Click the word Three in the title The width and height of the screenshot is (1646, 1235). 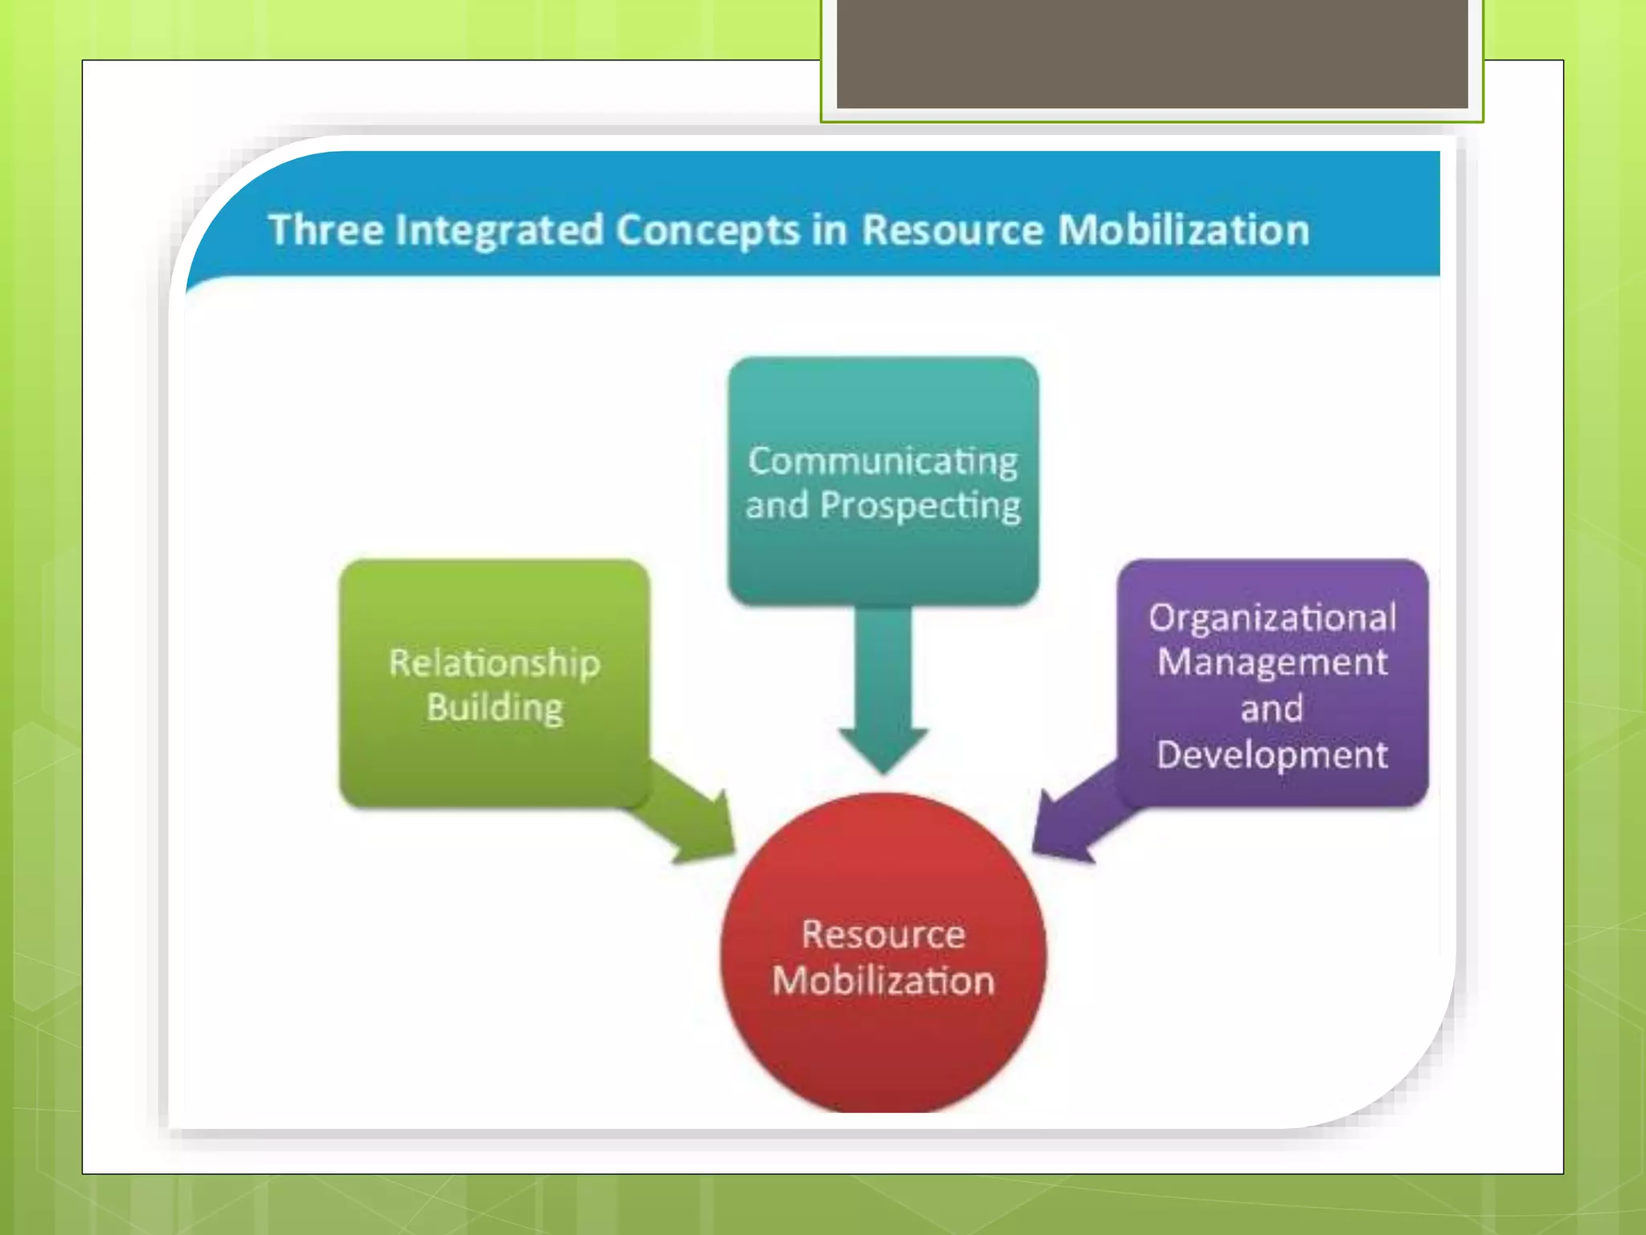pos(326,230)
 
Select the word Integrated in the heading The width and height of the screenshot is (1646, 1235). pos(499,231)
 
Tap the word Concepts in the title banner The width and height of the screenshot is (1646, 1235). pos(708,231)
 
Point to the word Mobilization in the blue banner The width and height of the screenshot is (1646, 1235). pos(1183,230)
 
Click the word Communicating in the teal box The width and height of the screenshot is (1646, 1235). pos(882,462)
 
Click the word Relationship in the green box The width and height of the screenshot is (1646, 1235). pos(494,663)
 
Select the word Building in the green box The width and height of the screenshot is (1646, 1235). pos(494,708)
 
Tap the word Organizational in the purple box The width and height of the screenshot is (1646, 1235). pos(1272,618)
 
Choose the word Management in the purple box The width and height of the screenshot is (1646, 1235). pos(1272,663)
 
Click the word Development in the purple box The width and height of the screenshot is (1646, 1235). pos(1272,754)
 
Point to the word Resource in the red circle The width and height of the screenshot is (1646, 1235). pos(883,934)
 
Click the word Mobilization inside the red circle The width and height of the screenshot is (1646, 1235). pos(883,981)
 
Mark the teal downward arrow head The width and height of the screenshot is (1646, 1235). pos(883,748)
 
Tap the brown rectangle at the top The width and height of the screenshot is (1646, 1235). pos(1152,53)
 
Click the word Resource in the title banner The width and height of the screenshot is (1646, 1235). pos(952,230)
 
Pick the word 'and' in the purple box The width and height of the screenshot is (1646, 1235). pos(1271,709)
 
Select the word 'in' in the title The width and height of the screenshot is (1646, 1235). pos(830,230)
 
